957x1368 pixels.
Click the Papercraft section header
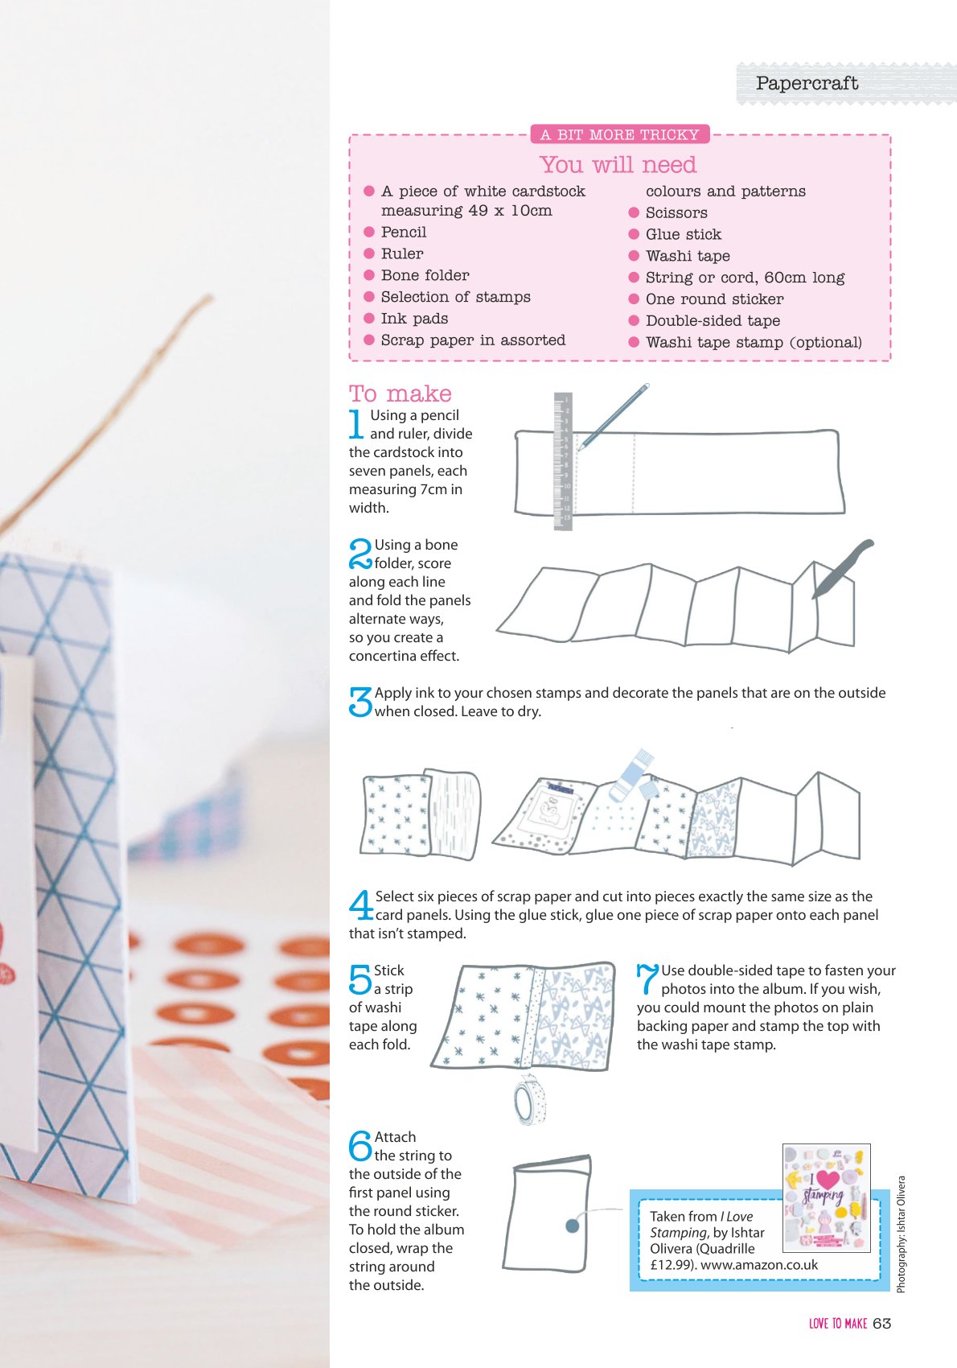click(x=807, y=83)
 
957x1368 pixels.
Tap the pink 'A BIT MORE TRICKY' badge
click(x=619, y=134)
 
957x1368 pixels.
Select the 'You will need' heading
click(x=618, y=164)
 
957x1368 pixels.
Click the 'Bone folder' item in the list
click(x=425, y=275)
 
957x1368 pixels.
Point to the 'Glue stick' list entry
click(x=684, y=234)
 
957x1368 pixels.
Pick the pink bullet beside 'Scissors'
click(x=634, y=212)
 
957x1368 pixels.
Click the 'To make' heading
click(x=400, y=394)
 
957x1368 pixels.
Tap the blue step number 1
click(x=356, y=423)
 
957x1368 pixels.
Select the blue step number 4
click(x=361, y=904)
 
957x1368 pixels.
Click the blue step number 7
click(x=647, y=979)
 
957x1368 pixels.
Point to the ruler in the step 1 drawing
click(x=563, y=461)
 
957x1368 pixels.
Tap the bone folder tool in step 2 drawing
click(x=842, y=568)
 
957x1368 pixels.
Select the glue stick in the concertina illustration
click(x=631, y=776)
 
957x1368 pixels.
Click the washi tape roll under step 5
click(x=529, y=1100)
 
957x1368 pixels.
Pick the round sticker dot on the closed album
click(x=572, y=1226)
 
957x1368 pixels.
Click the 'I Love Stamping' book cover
click(x=827, y=1197)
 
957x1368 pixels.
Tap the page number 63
click(x=882, y=1324)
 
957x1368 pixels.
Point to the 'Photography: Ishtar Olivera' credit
click(x=901, y=1234)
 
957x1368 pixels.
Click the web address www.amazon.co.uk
click(x=759, y=1265)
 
